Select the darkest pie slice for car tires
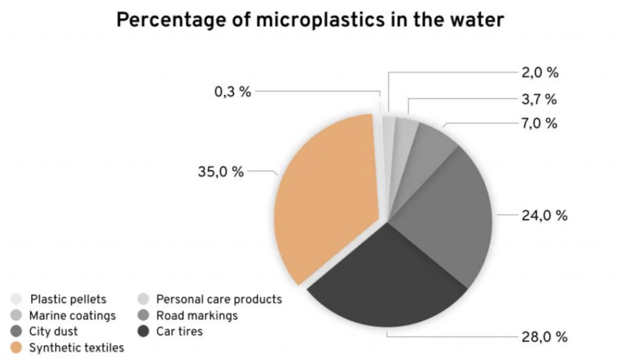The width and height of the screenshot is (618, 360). pos(388,284)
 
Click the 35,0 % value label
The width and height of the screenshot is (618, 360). pos(220,172)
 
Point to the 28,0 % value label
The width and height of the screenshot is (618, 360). pos(545,337)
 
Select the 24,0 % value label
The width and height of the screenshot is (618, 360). pos(545,216)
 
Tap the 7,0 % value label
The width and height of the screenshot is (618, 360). pos(540,123)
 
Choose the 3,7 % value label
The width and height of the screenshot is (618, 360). pos(539,99)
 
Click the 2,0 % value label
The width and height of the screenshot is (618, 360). pos(540,73)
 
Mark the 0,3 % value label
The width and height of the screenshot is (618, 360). pos(233,92)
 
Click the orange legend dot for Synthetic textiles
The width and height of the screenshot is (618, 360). pos(16,348)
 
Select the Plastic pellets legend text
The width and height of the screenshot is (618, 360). pos(68,299)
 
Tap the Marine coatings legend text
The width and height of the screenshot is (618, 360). pos(73,315)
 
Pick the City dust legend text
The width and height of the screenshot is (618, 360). pos(54,331)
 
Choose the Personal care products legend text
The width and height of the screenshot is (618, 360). pos(219,299)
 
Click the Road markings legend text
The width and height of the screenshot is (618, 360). pos(197,315)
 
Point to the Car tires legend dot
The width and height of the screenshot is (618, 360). pos(143,331)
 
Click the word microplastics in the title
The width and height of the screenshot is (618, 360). pos(320,19)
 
